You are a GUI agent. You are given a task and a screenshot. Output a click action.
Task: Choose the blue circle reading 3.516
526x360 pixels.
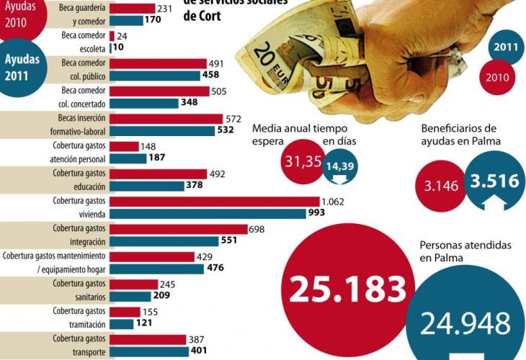point(494,181)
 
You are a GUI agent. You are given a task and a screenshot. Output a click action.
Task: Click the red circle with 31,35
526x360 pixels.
point(303,161)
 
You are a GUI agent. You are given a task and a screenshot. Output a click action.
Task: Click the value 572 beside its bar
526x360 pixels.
point(234,119)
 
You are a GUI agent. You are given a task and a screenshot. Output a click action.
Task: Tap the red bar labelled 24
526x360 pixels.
point(111,35)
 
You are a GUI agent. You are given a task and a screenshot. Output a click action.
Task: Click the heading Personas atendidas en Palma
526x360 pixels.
point(465,251)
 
